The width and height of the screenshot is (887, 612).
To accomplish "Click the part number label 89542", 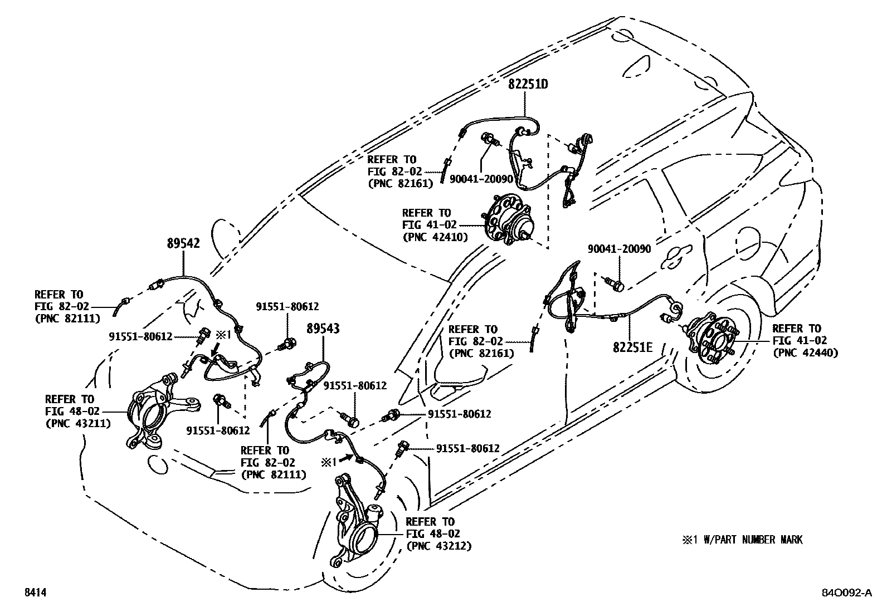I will pyautogui.click(x=184, y=243).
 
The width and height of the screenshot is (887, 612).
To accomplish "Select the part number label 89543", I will pyautogui.click(x=323, y=329).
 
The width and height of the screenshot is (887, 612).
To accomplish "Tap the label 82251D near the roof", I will pyautogui.click(x=528, y=85).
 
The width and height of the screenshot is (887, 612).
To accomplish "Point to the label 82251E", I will pyautogui.click(x=633, y=347).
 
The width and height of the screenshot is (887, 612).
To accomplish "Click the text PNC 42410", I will pyautogui.click(x=435, y=237).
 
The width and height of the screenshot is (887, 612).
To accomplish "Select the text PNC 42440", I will pyautogui.click(x=805, y=352).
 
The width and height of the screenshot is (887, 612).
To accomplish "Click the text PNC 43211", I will pyautogui.click(x=78, y=423).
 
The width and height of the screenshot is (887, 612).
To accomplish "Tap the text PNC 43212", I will pyautogui.click(x=439, y=546).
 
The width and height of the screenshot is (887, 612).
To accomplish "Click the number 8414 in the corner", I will pyautogui.click(x=35, y=594).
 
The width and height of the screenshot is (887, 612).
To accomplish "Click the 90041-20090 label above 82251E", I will pyautogui.click(x=619, y=249).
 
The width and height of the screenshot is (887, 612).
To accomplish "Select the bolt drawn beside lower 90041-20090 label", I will pyautogui.click(x=615, y=284).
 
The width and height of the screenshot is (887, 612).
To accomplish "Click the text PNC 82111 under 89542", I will pyautogui.click(x=67, y=319).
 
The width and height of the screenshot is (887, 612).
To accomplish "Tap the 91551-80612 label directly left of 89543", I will pyautogui.click(x=287, y=306).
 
